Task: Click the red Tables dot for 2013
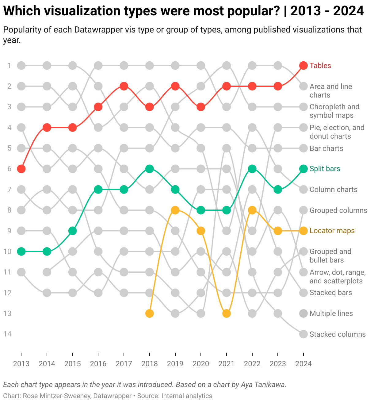click(21, 169)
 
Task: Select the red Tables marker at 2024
click(303, 65)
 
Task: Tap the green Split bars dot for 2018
click(149, 169)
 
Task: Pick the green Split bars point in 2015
click(72, 231)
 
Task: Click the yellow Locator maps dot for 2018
click(149, 313)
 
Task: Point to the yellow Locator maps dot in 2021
click(226, 313)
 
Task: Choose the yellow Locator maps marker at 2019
click(175, 210)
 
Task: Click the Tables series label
click(320, 66)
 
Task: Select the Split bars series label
click(325, 169)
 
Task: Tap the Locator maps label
click(332, 231)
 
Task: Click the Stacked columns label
click(338, 334)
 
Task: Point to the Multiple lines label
click(331, 313)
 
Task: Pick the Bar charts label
click(326, 148)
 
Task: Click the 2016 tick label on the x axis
click(98, 364)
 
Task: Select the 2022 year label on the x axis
click(252, 364)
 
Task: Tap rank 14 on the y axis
click(8, 334)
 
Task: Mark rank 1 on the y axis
click(10, 66)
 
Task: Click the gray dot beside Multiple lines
click(303, 313)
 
